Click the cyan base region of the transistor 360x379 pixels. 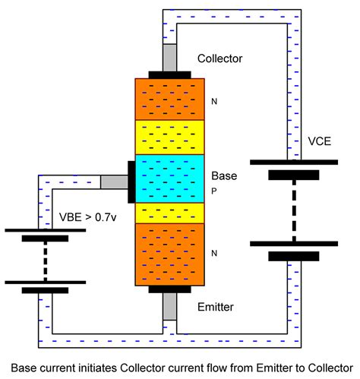169,178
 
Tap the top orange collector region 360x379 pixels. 169,98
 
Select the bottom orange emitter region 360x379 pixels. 169,255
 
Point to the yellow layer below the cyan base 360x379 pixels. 169,213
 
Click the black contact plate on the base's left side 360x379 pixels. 132,182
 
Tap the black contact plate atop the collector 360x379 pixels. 169,74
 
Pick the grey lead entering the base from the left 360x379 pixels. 115,182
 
